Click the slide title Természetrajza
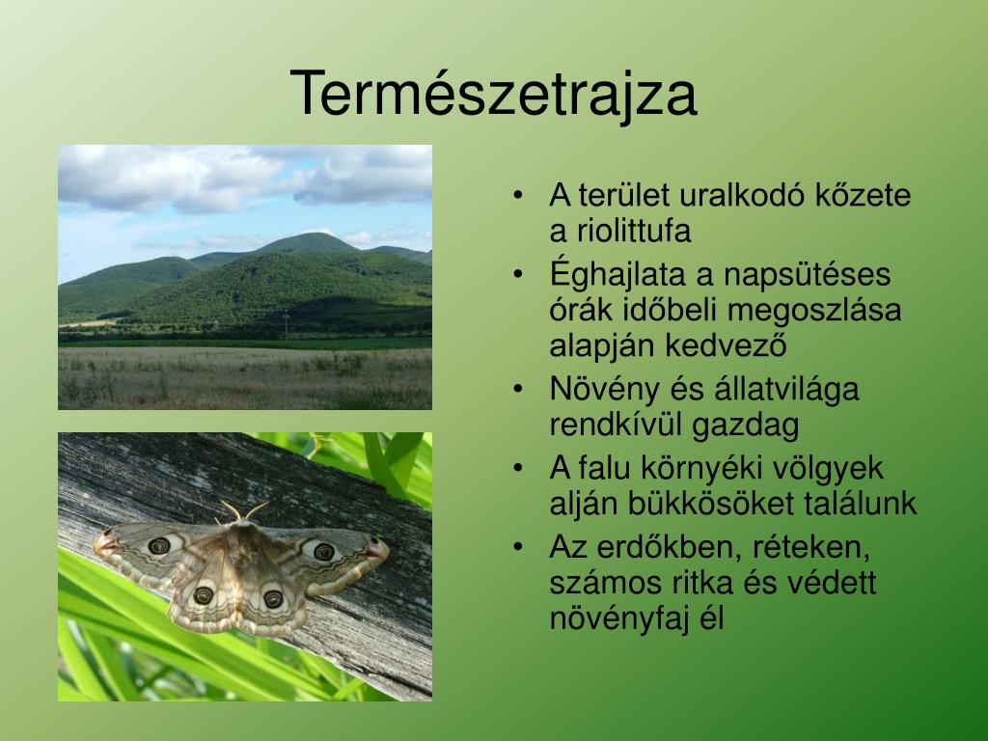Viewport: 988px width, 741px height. click(493, 95)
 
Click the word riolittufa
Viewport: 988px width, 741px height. click(634, 231)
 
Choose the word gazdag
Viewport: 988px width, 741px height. click(746, 425)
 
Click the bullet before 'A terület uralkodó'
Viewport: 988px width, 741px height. click(518, 195)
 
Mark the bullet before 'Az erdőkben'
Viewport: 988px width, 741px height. click(518, 547)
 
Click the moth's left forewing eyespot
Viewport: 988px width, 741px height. click(159, 545)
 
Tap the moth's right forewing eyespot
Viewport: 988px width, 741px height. click(324, 551)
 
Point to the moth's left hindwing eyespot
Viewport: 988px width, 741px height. click(203, 594)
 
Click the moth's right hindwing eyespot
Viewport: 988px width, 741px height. click(273, 598)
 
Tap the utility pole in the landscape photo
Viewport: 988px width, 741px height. click(286, 326)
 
